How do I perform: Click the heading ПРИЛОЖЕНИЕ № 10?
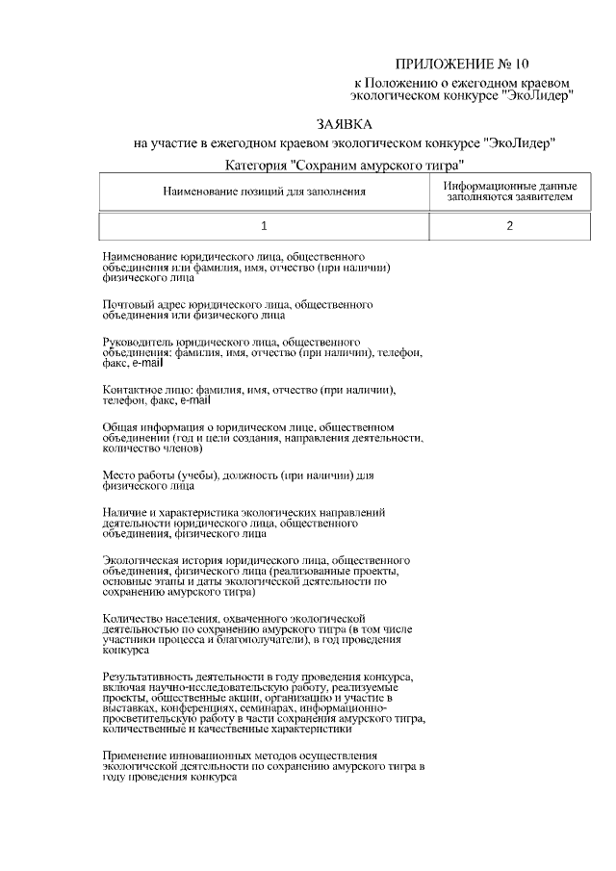462,65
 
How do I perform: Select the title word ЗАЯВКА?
344,124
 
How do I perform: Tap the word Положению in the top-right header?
404,84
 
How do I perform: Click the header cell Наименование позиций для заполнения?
264,192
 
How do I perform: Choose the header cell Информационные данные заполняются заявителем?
509,192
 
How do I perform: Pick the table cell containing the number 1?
264,226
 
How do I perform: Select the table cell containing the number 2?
509,226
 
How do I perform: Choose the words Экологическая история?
163,559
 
